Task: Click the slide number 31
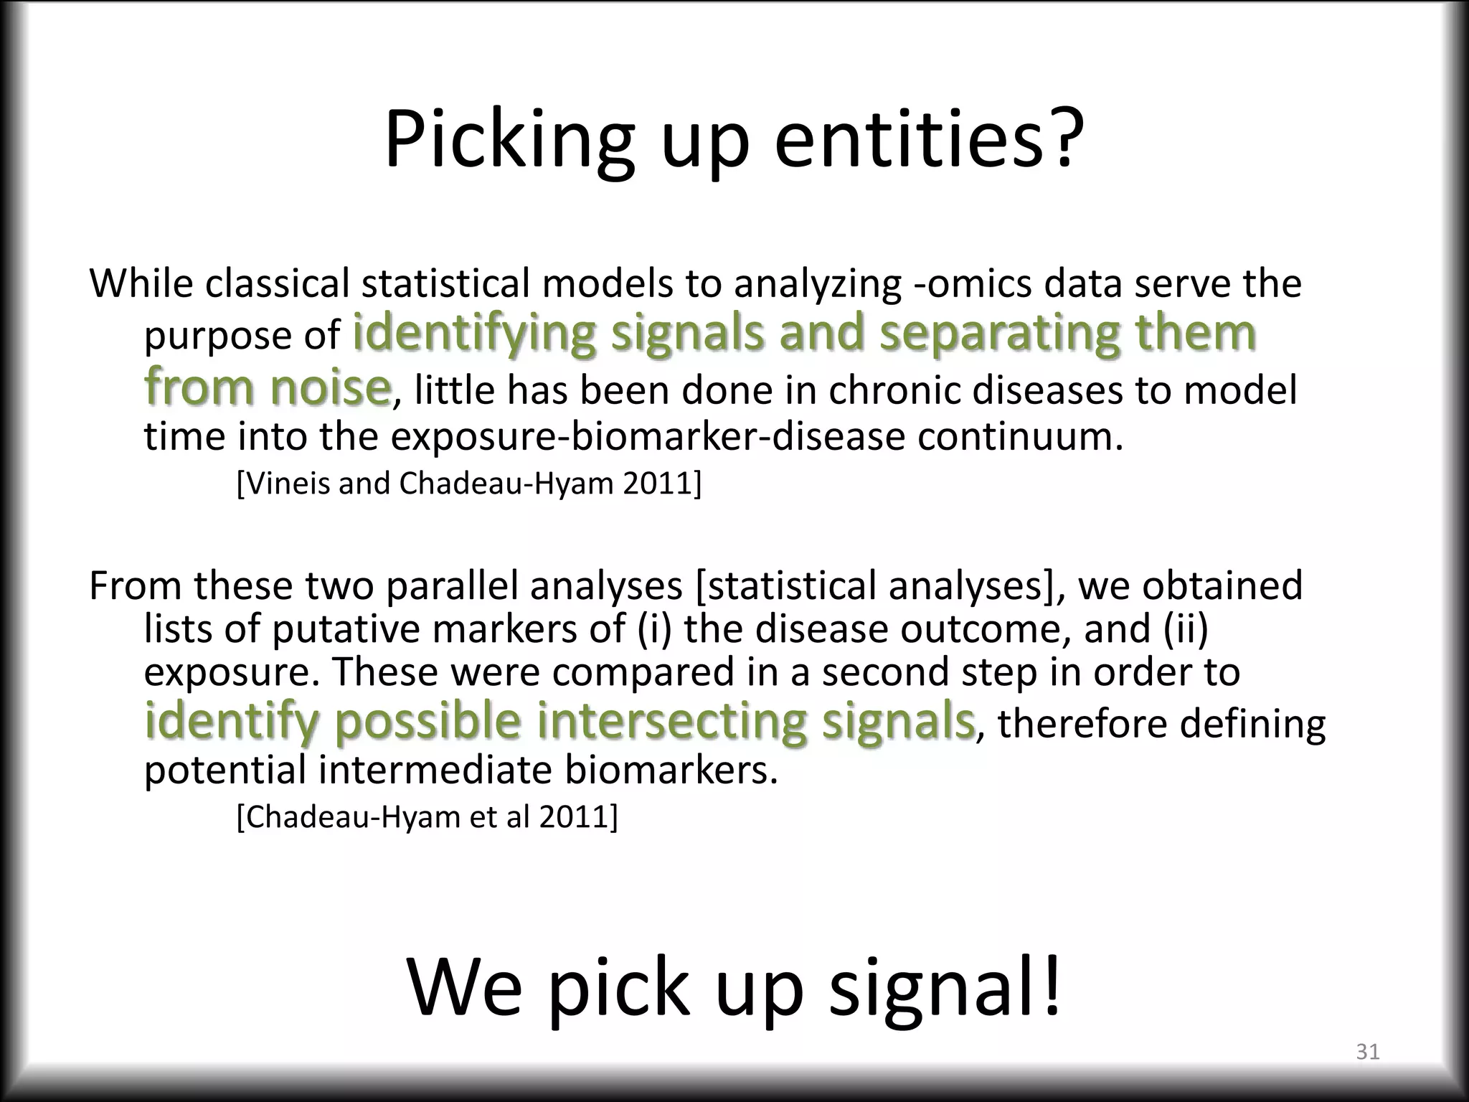tap(1368, 1052)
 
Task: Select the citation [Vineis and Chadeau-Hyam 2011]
tap(468, 484)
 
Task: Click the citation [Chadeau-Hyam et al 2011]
tap(427, 816)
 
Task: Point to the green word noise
tap(330, 387)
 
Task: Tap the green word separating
tap(998, 334)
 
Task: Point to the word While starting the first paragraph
tap(141, 283)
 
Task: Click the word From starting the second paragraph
tap(135, 585)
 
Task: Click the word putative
tap(347, 629)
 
